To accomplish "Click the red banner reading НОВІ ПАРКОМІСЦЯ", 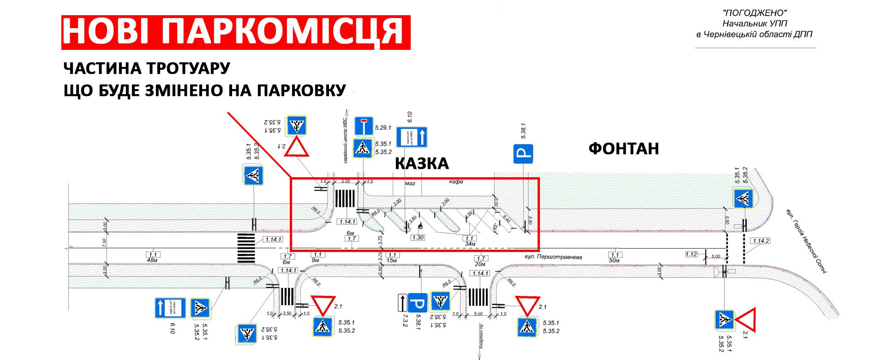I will coord(235,32).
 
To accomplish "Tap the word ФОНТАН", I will coord(623,149).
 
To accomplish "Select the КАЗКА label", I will coord(421,163).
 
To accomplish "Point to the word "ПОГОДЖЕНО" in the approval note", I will coord(755,13).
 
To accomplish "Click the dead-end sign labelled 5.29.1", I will coord(364,126).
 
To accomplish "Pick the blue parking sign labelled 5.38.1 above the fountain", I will coord(523,154).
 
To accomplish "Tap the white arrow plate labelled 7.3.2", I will coord(402,303).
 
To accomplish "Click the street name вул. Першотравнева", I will coord(553,257).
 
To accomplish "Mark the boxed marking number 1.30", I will coord(418,238).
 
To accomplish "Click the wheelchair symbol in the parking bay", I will coord(420,226).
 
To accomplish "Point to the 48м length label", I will coord(152,260).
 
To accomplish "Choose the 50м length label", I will coord(614,260).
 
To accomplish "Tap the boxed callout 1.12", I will coord(691,254).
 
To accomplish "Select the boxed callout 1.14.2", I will coord(760,241).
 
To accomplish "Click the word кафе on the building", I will coord(456,182).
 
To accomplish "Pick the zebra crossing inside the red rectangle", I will coord(345,198).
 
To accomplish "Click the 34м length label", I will coord(470,244).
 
